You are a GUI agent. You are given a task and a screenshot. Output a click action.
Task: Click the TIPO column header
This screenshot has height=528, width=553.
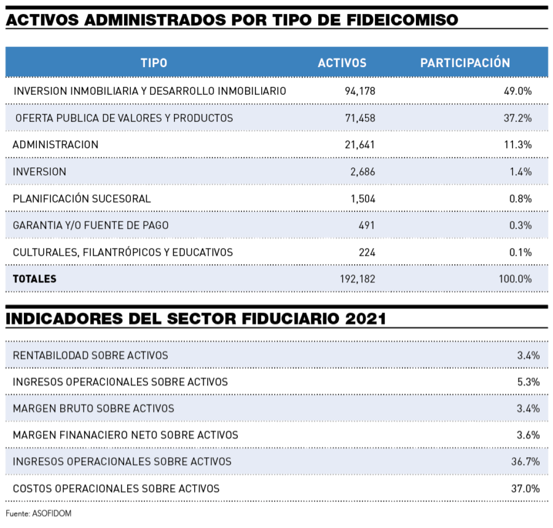(x=154, y=63)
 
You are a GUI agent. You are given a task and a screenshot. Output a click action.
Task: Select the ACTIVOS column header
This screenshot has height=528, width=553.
(x=342, y=63)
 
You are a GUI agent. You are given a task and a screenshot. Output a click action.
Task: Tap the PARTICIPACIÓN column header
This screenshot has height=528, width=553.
(x=465, y=63)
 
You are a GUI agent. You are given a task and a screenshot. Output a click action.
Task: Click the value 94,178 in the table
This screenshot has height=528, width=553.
(x=359, y=91)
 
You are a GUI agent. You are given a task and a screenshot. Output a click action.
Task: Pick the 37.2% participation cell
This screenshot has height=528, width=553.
(x=517, y=118)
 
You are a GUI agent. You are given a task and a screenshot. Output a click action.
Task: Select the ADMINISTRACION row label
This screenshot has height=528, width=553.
(x=55, y=145)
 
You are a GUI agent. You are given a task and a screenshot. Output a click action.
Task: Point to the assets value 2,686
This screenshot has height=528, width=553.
(x=363, y=172)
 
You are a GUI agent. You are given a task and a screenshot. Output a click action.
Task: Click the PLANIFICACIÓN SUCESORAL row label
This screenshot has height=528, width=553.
(x=82, y=199)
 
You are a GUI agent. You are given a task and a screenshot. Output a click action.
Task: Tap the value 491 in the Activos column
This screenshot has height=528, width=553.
(x=366, y=225)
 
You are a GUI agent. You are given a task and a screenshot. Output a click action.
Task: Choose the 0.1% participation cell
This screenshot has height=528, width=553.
(x=520, y=252)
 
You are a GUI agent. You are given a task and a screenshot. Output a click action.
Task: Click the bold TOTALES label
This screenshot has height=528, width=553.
(x=34, y=279)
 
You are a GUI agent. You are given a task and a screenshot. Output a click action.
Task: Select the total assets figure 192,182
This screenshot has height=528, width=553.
(x=357, y=279)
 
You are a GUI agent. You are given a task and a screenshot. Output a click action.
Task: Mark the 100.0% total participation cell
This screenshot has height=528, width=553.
(x=515, y=279)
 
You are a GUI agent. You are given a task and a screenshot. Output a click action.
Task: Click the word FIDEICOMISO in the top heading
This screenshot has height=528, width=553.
(x=402, y=20)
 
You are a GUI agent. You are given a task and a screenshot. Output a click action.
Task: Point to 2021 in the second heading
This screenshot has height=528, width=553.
(x=366, y=319)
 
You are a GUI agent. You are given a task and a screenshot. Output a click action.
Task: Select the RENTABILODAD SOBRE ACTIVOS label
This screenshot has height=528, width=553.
(x=90, y=355)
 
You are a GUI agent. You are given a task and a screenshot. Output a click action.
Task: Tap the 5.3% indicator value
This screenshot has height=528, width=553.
(x=528, y=382)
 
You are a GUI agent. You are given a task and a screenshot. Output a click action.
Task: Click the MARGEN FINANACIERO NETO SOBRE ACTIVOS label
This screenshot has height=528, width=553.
(x=125, y=435)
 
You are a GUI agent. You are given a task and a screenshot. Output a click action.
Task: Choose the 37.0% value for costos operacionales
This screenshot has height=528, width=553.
(x=525, y=489)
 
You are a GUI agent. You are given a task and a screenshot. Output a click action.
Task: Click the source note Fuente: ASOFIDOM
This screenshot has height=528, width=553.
(x=39, y=513)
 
